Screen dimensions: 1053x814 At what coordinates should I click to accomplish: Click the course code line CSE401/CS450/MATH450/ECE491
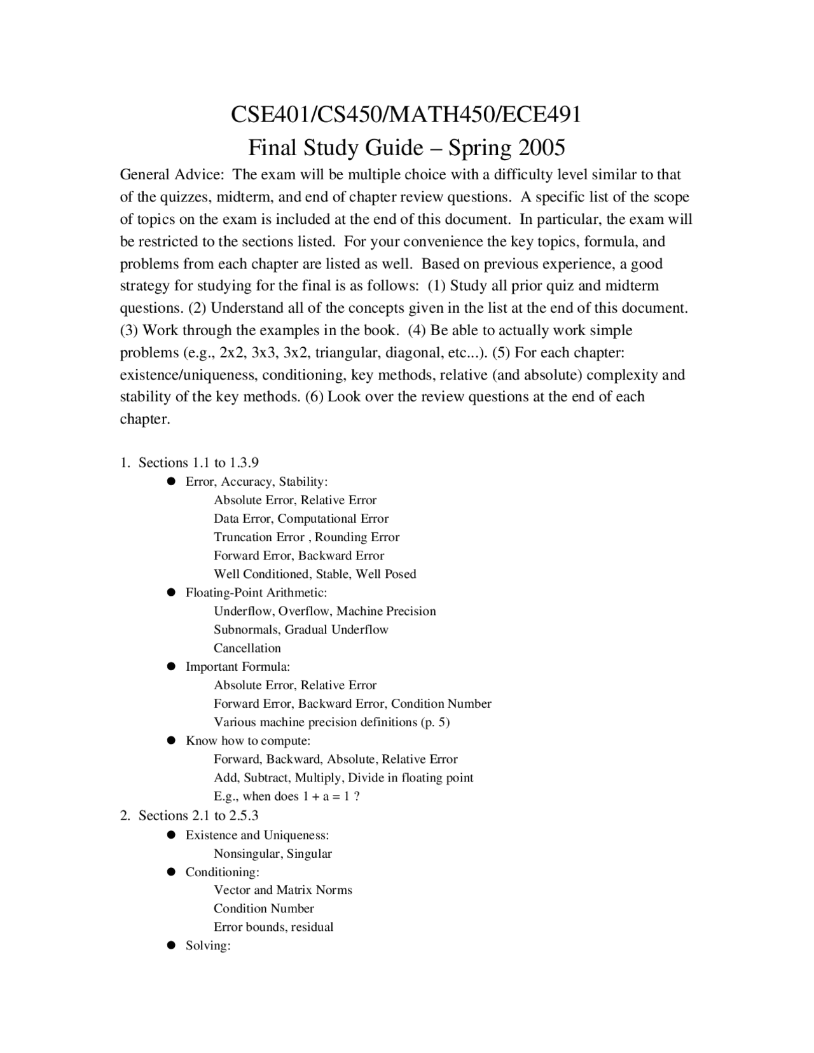coord(406,114)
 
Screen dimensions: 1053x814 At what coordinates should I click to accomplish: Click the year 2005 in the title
coord(541,148)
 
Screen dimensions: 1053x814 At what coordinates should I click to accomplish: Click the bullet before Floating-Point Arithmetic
coord(170,593)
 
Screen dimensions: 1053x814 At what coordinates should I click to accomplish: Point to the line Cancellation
coord(247,648)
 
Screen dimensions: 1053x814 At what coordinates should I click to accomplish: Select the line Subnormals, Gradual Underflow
coord(301,630)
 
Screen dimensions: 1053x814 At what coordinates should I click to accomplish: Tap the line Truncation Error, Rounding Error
coord(307,537)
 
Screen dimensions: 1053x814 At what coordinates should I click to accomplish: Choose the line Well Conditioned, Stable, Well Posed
coord(315,574)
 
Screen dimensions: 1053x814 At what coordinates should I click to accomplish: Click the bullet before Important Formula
coord(170,666)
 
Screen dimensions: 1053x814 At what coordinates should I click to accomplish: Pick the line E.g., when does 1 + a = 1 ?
coord(287,796)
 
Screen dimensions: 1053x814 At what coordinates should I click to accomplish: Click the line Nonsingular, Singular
coord(273,853)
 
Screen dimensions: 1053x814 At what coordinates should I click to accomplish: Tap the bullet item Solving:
coord(207,946)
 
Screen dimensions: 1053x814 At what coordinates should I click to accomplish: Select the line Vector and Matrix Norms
coord(283,890)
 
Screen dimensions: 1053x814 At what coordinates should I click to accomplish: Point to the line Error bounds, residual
coord(273,926)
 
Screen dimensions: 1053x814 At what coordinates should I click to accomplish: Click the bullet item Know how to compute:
coord(247,740)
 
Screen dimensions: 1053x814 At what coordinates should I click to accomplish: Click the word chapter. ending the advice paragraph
coord(145,419)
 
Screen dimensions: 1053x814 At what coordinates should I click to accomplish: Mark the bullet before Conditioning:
coord(170,872)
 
